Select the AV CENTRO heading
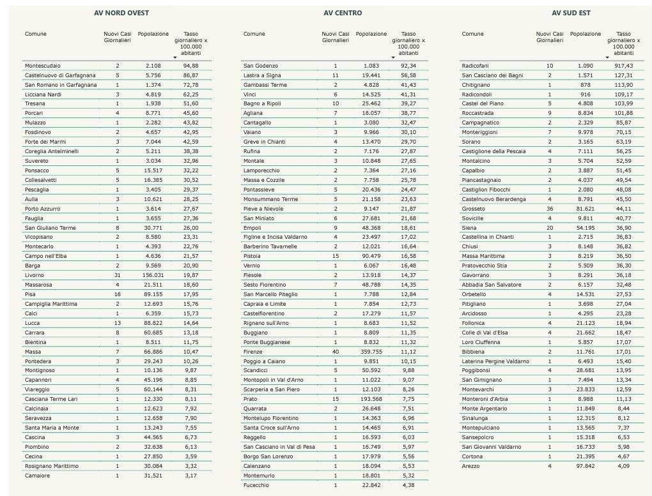[343, 13]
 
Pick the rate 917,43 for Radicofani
[623, 66]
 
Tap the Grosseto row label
[473, 209]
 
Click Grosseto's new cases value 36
[549, 209]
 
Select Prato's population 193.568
[371, 399]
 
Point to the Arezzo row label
[470, 466]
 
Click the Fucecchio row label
[256, 485]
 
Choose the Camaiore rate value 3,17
[190, 476]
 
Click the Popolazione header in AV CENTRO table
[371, 34]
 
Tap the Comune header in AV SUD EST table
[472, 34]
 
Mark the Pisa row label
[31, 294]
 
